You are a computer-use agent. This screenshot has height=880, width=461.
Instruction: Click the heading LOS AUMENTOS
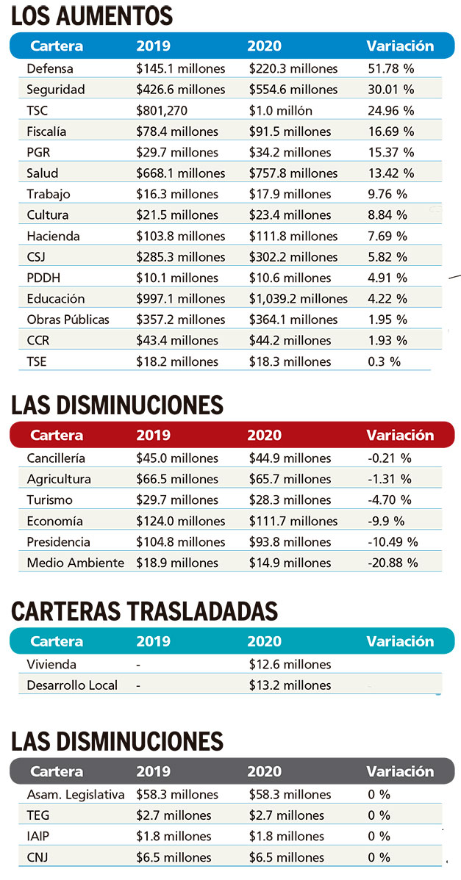click(92, 15)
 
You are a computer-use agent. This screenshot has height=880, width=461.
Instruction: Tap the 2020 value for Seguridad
click(293, 90)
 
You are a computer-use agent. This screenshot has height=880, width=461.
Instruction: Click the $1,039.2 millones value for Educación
click(298, 299)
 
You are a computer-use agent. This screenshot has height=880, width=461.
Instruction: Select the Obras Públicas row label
click(68, 320)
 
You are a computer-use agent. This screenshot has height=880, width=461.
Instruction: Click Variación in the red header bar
click(400, 435)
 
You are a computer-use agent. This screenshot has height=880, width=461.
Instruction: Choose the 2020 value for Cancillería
click(290, 458)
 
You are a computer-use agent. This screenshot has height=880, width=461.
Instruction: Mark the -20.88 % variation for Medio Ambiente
click(393, 563)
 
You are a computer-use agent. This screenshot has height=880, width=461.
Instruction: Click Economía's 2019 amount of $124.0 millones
click(180, 521)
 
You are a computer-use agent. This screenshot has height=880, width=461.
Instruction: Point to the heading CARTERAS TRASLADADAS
click(145, 611)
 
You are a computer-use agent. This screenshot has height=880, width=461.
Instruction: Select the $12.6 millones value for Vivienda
click(290, 665)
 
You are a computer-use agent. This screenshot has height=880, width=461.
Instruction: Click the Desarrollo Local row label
click(72, 685)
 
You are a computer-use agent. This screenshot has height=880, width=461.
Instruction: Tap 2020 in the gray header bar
click(264, 772)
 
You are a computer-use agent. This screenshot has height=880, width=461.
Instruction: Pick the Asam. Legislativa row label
click(75, 795)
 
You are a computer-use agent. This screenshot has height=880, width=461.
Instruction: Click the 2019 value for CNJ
click(174, 857)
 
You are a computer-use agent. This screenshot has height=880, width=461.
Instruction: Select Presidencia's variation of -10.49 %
click(393, 542)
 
